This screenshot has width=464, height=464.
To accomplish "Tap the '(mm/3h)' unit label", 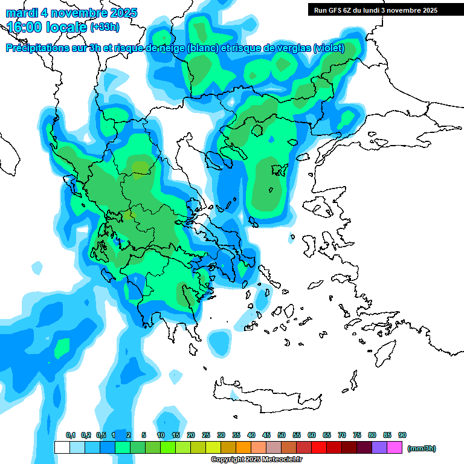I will click(421, 448).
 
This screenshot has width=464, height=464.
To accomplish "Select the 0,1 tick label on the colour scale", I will click(70, 435).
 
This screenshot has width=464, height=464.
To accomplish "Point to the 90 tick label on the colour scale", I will click(402, 435).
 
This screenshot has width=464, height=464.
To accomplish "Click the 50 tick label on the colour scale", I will click(282, 435).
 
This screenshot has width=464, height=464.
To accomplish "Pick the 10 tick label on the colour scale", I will click(161, 435).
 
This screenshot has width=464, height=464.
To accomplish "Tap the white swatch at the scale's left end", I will click(62, 448).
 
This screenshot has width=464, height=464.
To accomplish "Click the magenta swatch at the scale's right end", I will click(395, 448).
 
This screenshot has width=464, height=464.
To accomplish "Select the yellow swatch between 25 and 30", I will click(213, 448).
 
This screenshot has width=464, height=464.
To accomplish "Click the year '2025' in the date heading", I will click(119, 13).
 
